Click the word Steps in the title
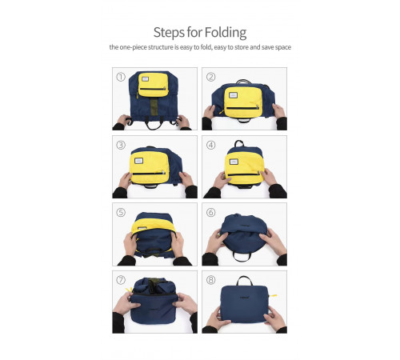pyautogui.click(x=169, y=33)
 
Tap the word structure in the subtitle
pyautogui.click(x=161, y=47)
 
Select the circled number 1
pyautogui.click(x=121, y=77)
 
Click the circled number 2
pyautogui.click(x=210, y=77)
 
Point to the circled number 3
pyautogui.click(x=121, y=145)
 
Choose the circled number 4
pyautogui.click(x=210, y=145)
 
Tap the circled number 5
pyautogui.click(x=121, y=213)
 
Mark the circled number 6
pyautogui.click(x=210, y=213)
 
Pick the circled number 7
pyautogui.click(x=121, y=280)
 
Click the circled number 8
pyautogui.click(x=210, y=280)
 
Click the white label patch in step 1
pyautogui.click(x=146, y=79)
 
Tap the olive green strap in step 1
pyautogui.click(x=154, y=106)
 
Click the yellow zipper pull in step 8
pyautogui.click(x=274, y=296)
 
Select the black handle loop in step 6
pyautogui.click(x=242, y=258)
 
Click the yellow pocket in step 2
pyautogui.click(x=243, y=102)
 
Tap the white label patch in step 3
pyautogui.click(x=138, y=161)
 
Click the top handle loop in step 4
pyautogui.click(x=239, y=143)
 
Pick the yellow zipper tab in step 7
pyautogui.click(x=129, y=290)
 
